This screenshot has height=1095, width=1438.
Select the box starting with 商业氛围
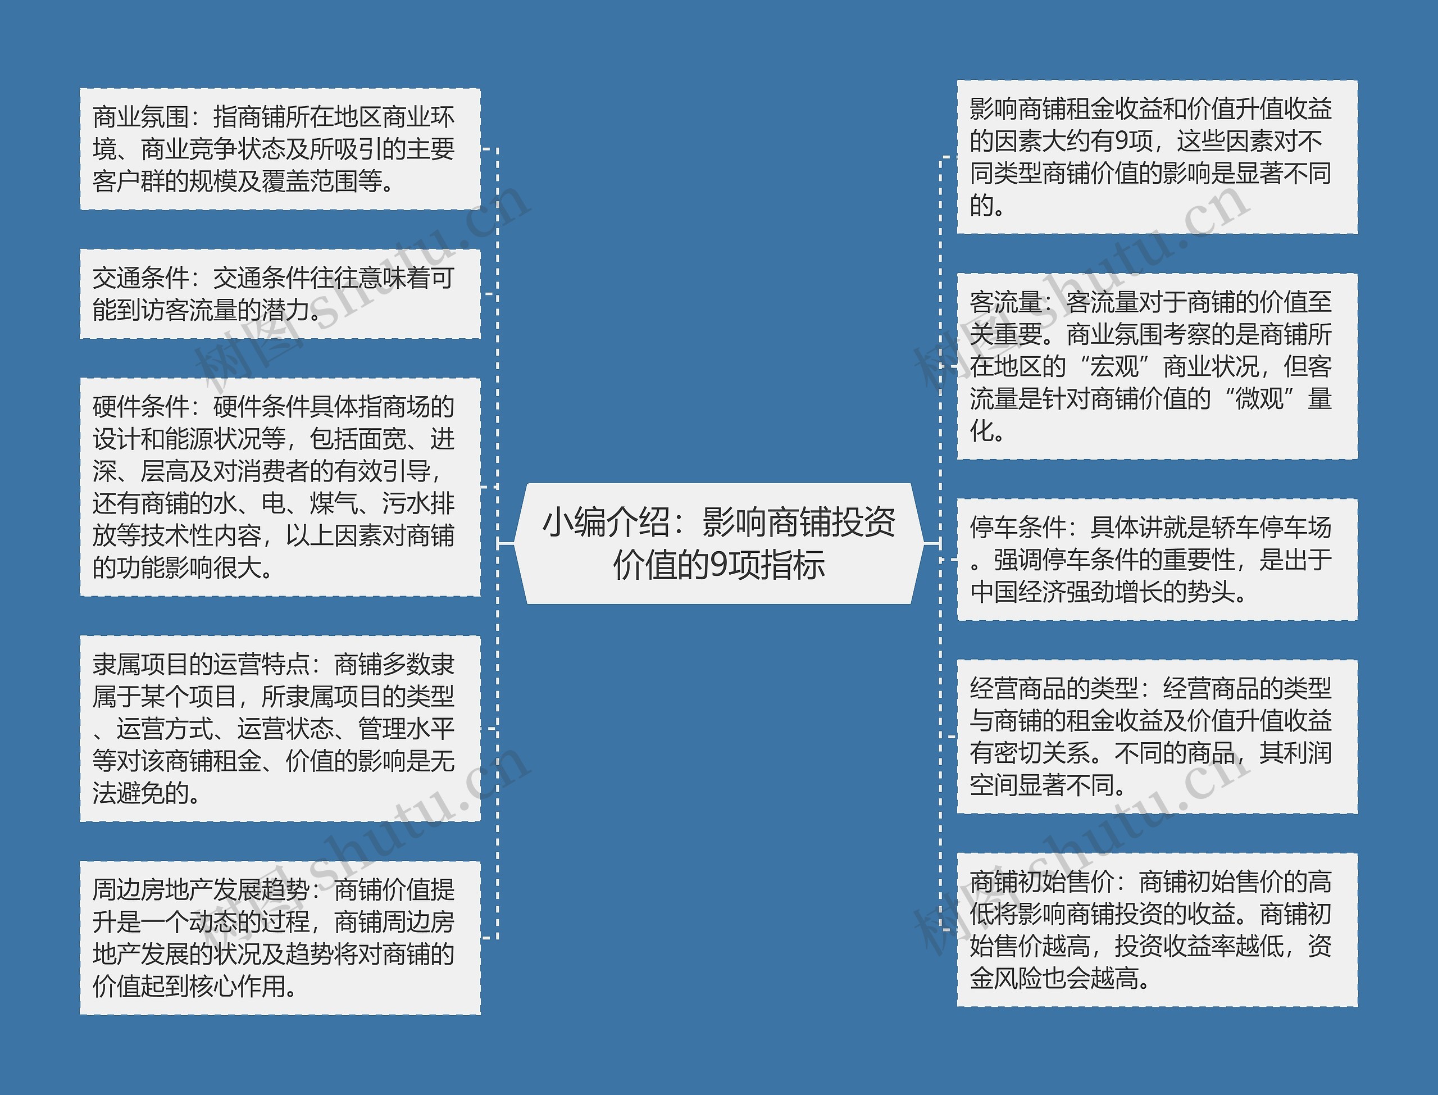click(280, 149)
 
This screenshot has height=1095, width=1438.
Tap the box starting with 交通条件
click(280, 294)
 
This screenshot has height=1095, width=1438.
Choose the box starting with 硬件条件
click(280, 487)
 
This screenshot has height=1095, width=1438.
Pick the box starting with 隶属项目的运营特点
click(280, 728)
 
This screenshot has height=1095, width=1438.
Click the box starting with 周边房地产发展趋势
click(280, 937)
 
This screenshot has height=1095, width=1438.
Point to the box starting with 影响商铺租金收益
click(1157, 157)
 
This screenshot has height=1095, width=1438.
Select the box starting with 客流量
click(1157, 366)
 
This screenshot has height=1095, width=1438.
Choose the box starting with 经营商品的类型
click(1157, 737)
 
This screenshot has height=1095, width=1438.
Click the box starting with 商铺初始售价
click(1157, 929)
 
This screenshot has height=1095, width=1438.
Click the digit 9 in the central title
click(718, 565)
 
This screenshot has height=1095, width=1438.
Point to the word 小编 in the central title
click(566, 522)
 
